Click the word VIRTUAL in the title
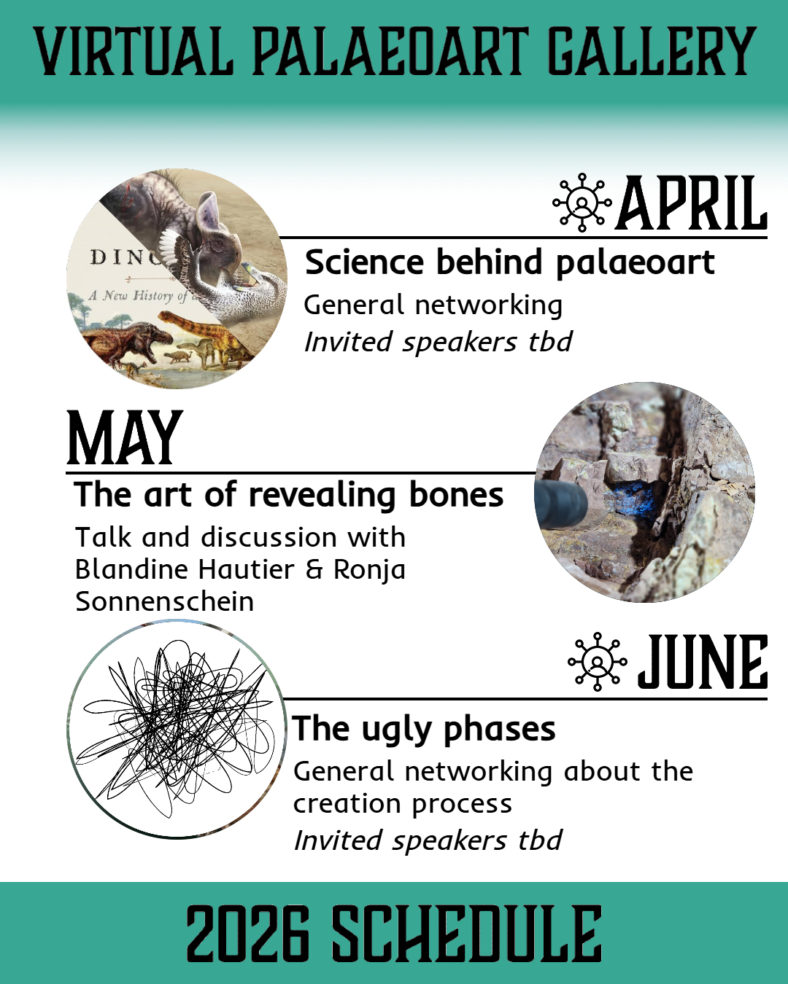[134, 51]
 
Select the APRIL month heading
[693, 203]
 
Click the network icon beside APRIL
[582, 202]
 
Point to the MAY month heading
[125, 437]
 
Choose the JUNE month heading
[703, 662]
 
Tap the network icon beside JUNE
[597, 662]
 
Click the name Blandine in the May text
[135, 570]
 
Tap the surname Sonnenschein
[164, 602]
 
